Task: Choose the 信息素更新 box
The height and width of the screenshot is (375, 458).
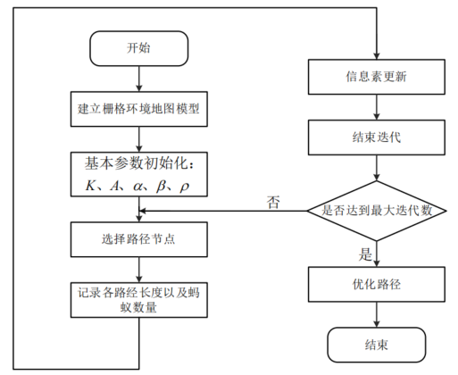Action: pyautogui.click(x=378, y=77)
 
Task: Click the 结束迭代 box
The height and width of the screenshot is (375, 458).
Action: pyautogui.click(x=378, y=138)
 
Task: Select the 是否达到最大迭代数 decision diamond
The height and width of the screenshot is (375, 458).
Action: pyautogui.click(x=378, y=211)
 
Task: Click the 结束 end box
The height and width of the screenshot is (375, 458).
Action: pyautogui.click(x=378, y=344)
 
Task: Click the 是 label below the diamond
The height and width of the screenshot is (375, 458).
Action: pyautogui.click(x=364, y=254)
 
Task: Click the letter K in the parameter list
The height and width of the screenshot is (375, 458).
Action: pyautogui.click(x=88, y=186)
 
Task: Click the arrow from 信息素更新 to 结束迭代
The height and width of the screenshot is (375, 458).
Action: pyautogui.click(x=378, y=107)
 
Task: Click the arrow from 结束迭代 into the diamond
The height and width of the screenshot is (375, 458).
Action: pyautogui.click(x=378, y=168)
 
